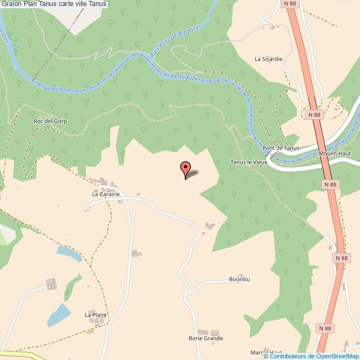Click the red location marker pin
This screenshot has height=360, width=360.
(186, 168)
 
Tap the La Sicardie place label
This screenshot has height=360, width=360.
(269, 58)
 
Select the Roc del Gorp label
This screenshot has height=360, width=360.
(50, 121)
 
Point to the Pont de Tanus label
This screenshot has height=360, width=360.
(281, 148)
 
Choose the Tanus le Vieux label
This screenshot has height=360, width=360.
(249, 162)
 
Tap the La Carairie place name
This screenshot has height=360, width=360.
(106, 194)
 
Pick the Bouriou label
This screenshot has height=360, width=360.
(239, 279)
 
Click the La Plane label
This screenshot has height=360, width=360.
(95, 315)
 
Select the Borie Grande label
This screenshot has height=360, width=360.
(205, 338)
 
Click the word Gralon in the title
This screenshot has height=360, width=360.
(11, 4)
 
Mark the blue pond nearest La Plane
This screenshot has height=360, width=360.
(58, 315)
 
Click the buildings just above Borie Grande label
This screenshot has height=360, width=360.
(204, 331)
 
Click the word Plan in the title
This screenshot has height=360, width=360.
(30, 4)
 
